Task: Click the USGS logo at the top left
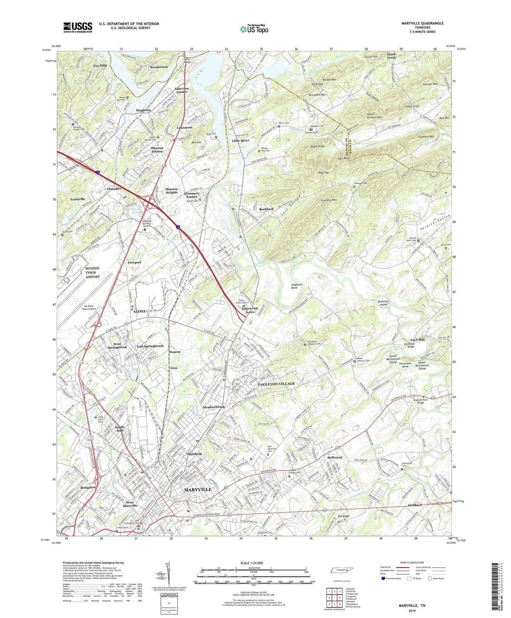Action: tap(78, 27)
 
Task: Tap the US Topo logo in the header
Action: tap(254, 29)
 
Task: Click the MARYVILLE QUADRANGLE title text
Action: tap(422, 23)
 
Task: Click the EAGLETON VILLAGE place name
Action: tap(276, 384)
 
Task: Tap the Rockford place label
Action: tap(266, 209)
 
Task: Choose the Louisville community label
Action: tap(78, 199)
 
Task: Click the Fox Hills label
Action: tap(100, 66)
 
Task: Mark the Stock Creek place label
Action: tap(391, 56)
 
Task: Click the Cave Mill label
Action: tap(417, 339)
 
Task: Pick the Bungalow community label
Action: tap(88, 487)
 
